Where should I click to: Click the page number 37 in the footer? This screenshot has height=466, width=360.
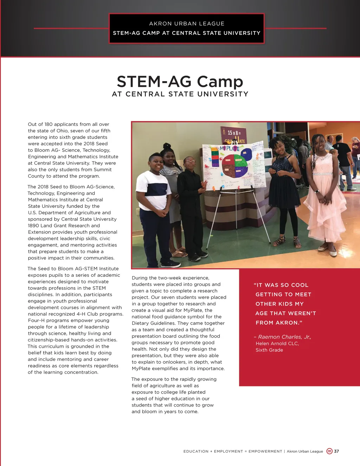[x=336, y=451]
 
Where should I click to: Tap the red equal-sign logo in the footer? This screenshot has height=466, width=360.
[x=329, y=451]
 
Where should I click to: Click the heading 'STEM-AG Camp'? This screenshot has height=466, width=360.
[x=180, y=81]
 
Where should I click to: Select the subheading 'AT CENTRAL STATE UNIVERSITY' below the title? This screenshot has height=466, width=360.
[x=180, y=94]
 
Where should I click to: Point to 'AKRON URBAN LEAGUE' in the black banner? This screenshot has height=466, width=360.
[x=187, y=24]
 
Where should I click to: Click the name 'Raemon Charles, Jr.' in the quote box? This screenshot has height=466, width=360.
[x=284, y=337]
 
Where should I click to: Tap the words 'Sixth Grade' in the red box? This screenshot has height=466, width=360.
[x=269, y=350]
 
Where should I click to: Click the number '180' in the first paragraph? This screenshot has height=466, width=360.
[x=48, y=124]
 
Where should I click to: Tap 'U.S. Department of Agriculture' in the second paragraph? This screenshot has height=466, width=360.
[x=69, y=213]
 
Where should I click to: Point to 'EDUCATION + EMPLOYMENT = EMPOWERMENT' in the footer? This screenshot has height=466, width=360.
[x=233, y=451]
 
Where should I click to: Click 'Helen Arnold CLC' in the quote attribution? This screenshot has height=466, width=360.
[x=277, y=344]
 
